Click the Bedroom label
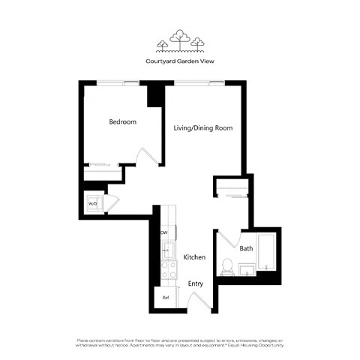point(122,121)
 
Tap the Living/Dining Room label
point(202,128)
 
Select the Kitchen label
point(194,257)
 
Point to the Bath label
point(246,248)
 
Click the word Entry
point(196,283)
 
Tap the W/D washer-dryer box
point(93,203)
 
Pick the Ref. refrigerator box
point(166,298)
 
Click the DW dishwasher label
point(163,232)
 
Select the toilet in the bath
point(227,266)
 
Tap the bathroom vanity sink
point(246,268)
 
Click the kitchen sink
point(168,250)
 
